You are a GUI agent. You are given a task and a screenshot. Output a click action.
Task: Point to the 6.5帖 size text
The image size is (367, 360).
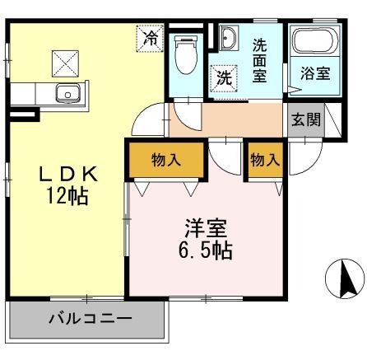point(206,250)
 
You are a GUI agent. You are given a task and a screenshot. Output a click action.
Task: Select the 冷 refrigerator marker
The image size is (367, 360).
point(150,37)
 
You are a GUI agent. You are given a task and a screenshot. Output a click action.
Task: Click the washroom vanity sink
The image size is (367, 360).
point(228,37)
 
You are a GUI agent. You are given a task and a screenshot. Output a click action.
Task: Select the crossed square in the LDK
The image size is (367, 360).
point(64,61)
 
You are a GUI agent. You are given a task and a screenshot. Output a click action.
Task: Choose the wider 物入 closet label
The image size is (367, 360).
point(165,160)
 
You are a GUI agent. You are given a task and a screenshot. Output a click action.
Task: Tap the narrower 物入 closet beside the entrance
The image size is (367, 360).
point(263,160)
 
